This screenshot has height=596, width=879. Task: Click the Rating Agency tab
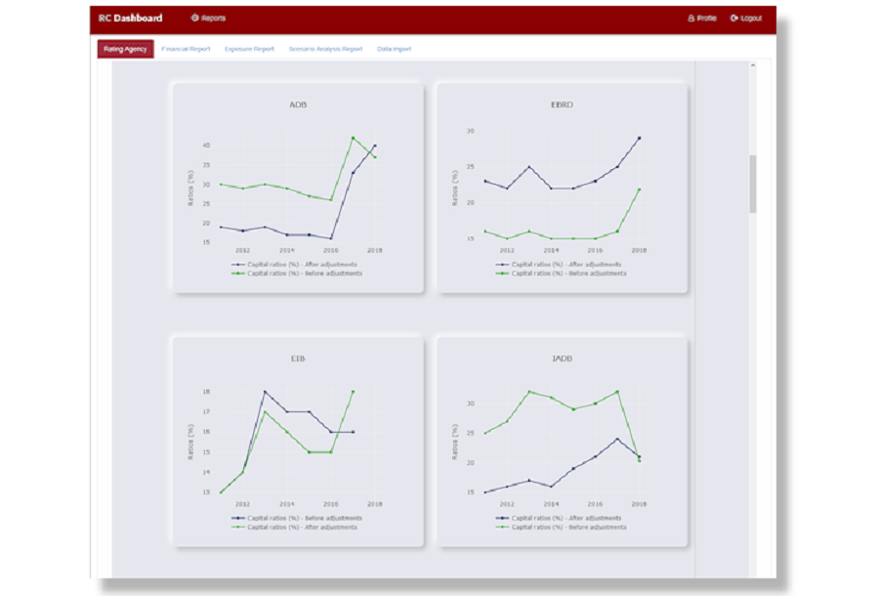click(125, 49)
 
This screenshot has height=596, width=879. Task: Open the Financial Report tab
click(186, 49)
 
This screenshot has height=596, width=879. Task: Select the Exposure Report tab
click(249, 49)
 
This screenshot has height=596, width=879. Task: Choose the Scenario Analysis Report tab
click(325, 49)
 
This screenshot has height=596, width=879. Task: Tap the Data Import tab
click(394, 49)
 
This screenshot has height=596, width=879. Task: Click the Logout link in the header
click(746, 18)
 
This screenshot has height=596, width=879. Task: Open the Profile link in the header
click(702, 18)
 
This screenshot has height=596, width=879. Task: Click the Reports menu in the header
click(208, 18)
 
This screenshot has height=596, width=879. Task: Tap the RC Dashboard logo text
click(131, 18)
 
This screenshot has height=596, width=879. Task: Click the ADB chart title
click(299, 104)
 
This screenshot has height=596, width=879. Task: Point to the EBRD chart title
click(562, 104)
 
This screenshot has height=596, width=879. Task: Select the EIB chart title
click(298, 359)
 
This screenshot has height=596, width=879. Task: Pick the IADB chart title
click(562, 359)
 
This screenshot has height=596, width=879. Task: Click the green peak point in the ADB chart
click(353, 138)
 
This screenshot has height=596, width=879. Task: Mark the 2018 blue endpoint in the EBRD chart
click(639, 138)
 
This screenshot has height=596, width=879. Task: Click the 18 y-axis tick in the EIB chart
click(206, 392)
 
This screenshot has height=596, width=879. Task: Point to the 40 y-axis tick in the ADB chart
click(206, 146)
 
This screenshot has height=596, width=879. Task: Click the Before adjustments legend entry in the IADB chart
click(565, 527)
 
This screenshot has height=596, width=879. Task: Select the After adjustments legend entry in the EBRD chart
click(563, 264)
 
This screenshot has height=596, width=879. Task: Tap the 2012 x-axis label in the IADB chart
click(507, 504)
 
